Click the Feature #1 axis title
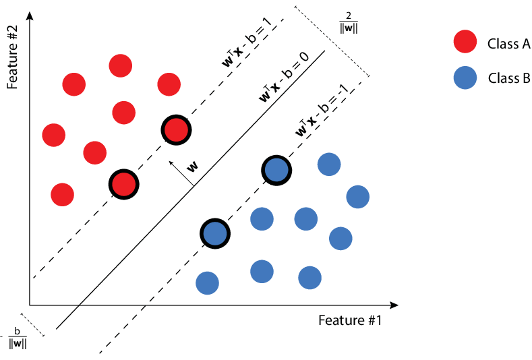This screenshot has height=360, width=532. point(350,320)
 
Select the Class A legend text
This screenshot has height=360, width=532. point(508,44)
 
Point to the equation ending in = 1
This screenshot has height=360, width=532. point(247,42)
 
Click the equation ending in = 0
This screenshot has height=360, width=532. point(284,77)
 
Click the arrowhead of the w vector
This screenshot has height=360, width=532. point(171,162)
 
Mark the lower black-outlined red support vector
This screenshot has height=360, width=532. point(123,183)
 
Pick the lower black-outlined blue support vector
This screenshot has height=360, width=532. point(215,233)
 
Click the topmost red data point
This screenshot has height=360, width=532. point(120,65)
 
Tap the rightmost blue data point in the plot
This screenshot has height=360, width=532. point(358,197)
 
